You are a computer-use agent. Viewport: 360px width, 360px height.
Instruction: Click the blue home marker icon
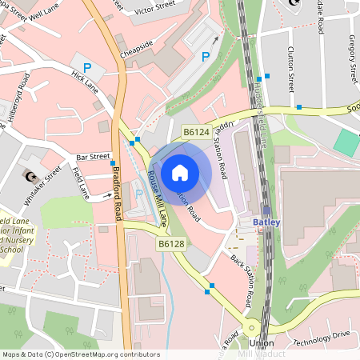tap(180, 171)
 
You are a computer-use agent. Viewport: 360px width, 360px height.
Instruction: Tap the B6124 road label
tap(195, 131)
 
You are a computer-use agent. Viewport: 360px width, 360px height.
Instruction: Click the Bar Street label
tap(93, 157)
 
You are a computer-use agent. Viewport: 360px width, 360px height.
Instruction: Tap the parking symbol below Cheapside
tap(206, 57)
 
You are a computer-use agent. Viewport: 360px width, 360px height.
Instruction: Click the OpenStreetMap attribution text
tap(81, 354)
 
